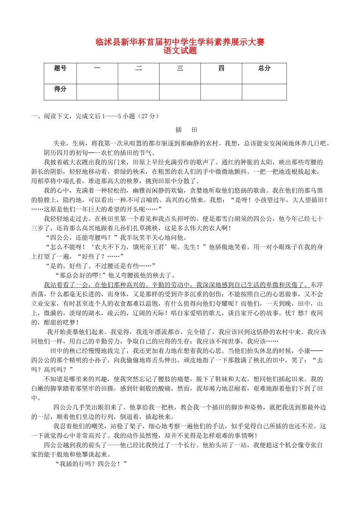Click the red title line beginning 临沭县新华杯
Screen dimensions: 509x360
180,42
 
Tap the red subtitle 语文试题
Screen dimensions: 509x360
180,51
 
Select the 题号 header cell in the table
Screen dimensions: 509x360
60,68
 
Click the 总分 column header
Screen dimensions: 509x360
264,68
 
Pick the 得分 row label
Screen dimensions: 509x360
60,89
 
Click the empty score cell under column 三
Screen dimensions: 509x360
180,92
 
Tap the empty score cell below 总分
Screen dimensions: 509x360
264,92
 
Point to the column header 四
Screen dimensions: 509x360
221,68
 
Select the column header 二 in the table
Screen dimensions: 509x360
139,68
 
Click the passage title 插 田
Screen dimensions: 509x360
186,130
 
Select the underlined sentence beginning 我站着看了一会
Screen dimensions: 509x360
176,285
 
